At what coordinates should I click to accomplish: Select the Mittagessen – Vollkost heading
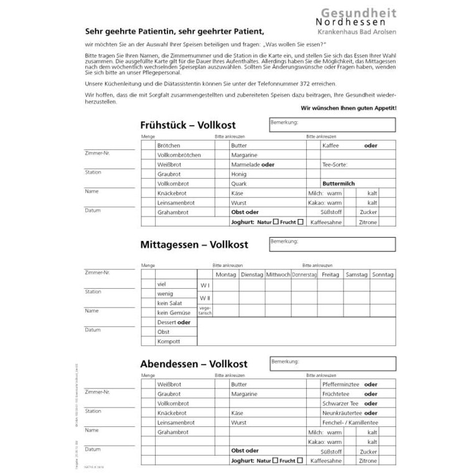pyautogui.click(x=194, y=245)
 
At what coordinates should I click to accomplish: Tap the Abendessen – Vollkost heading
pyautogui.click(x=194, y=363)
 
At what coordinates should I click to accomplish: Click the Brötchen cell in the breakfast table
pyautogui.click(x=169, y=145)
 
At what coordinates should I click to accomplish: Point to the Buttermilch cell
pyautogui.click(x=339, y=184)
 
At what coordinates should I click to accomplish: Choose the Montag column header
pyautogui.click(x=225, y=274)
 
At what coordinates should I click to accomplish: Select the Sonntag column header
pyautogui.click(x=382, y=274)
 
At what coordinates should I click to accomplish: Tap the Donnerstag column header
pyautogui.click(x=304, y=274)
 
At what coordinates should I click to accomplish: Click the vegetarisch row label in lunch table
pyautogui.click(x=205, y=310)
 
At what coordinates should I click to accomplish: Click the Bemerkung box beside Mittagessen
pyautogui.click(x=332, y=243)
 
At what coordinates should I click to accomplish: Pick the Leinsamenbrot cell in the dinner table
pyautogui.click(x=176, y=422)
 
